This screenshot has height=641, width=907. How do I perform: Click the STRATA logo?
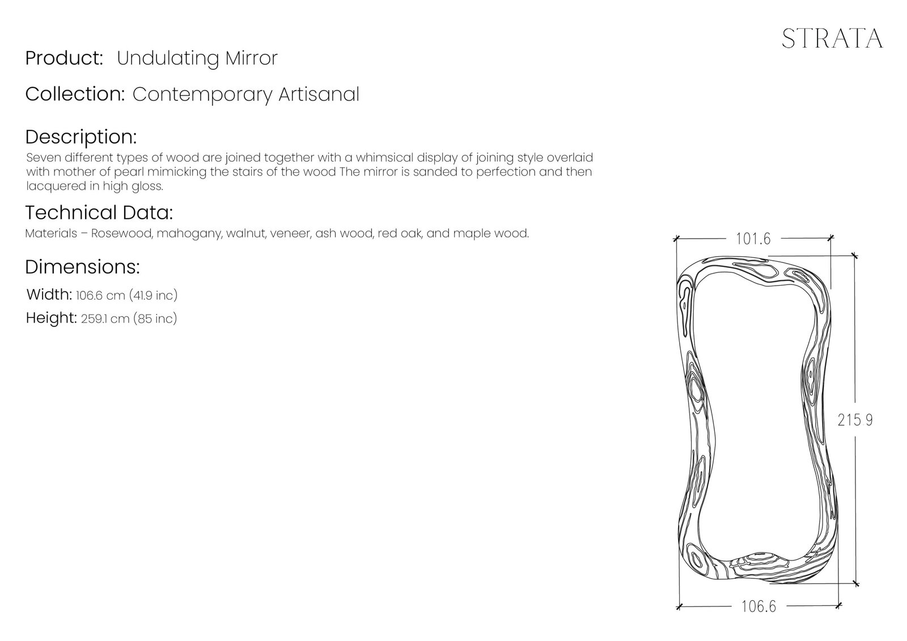tap(832, 39)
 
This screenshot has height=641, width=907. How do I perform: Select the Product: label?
tap(64, 58)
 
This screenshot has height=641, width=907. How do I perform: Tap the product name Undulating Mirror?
tap(197, 58)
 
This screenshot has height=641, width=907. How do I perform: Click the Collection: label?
tap(75, 94)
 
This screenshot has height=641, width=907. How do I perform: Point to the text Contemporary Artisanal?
tap(245, 94)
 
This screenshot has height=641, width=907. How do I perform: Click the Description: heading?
tap(81, 137)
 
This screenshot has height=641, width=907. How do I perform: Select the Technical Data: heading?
tap(99, 213)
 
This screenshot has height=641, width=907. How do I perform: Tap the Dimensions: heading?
tap(83, 267)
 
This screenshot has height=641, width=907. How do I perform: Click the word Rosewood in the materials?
tap(121, 234)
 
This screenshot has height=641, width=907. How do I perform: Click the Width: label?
tap(49, 295)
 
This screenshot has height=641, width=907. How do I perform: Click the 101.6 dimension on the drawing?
tap(753, 239)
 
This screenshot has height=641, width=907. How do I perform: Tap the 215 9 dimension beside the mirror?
tap(855, 420)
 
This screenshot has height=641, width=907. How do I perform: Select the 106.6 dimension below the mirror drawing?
tap(758, 606)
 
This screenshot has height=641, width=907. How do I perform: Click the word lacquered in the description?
tap(48, 186)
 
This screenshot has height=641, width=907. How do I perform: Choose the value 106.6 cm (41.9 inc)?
tap(126, 295)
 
